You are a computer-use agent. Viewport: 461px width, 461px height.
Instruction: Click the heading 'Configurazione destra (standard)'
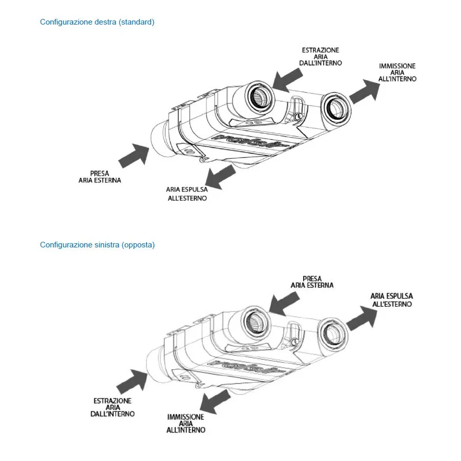(x=97, y=22)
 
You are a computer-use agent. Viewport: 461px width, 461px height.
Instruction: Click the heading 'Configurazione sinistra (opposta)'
(x=97, y=245)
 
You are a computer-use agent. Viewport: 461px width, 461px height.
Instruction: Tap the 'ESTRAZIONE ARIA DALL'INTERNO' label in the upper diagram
(x=320, y=56)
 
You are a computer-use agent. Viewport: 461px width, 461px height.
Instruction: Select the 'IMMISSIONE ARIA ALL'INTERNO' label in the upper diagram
(x=397, y=73)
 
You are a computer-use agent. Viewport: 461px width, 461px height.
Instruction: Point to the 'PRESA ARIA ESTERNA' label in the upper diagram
(x=100, y=177)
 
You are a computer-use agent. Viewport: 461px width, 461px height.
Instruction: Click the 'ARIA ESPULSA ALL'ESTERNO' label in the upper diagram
(x=187, y=194)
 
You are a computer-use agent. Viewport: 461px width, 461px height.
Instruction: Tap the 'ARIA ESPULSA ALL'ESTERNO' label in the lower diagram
(x=391, y=300)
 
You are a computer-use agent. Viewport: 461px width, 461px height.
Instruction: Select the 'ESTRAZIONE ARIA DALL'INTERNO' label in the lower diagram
(x=113, y=407)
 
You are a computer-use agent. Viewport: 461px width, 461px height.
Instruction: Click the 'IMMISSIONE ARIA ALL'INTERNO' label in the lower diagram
(x=186, y=424)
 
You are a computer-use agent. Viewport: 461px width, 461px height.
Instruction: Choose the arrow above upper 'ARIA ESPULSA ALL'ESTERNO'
(x=219, y=177)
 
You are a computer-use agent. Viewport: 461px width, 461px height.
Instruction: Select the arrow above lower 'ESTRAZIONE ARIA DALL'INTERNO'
(x=132, y=380)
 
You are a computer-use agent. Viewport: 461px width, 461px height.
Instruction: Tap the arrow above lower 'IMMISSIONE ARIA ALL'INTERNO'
(x=215, y=401)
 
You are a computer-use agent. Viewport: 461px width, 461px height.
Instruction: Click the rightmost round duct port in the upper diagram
(x=337, y=108)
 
